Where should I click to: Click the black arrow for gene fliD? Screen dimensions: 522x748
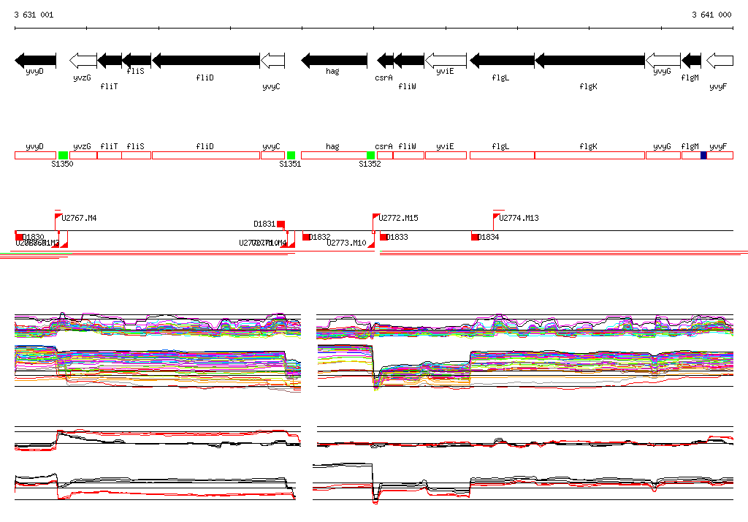pos(206,60)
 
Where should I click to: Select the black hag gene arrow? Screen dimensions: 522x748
pos(335,60)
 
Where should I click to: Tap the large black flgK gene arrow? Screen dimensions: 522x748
pos(589,60)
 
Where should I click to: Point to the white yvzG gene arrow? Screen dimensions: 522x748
pos(83,60)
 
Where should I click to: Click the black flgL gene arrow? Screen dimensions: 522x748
pos(502,60)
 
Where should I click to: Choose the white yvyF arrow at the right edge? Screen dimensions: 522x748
pos(720,60)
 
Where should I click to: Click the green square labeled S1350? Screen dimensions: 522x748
pos(64,156)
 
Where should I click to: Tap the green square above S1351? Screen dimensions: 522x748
pos(291,156)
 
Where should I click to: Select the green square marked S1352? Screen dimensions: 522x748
pos(370,156)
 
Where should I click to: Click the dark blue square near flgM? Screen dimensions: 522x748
pos(703,156)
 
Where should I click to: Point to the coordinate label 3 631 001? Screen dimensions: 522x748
pos(34,15)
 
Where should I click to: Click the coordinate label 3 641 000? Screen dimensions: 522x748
pos(711,15)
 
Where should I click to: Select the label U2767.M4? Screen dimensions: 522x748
pos(79,218)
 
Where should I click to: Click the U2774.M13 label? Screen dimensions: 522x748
pos(519,218)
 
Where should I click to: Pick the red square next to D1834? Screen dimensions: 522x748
pos(475,237)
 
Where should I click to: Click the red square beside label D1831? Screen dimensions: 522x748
pos(280,224)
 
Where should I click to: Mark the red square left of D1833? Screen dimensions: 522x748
pos(383,237)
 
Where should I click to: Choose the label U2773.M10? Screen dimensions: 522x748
pos(346,243)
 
